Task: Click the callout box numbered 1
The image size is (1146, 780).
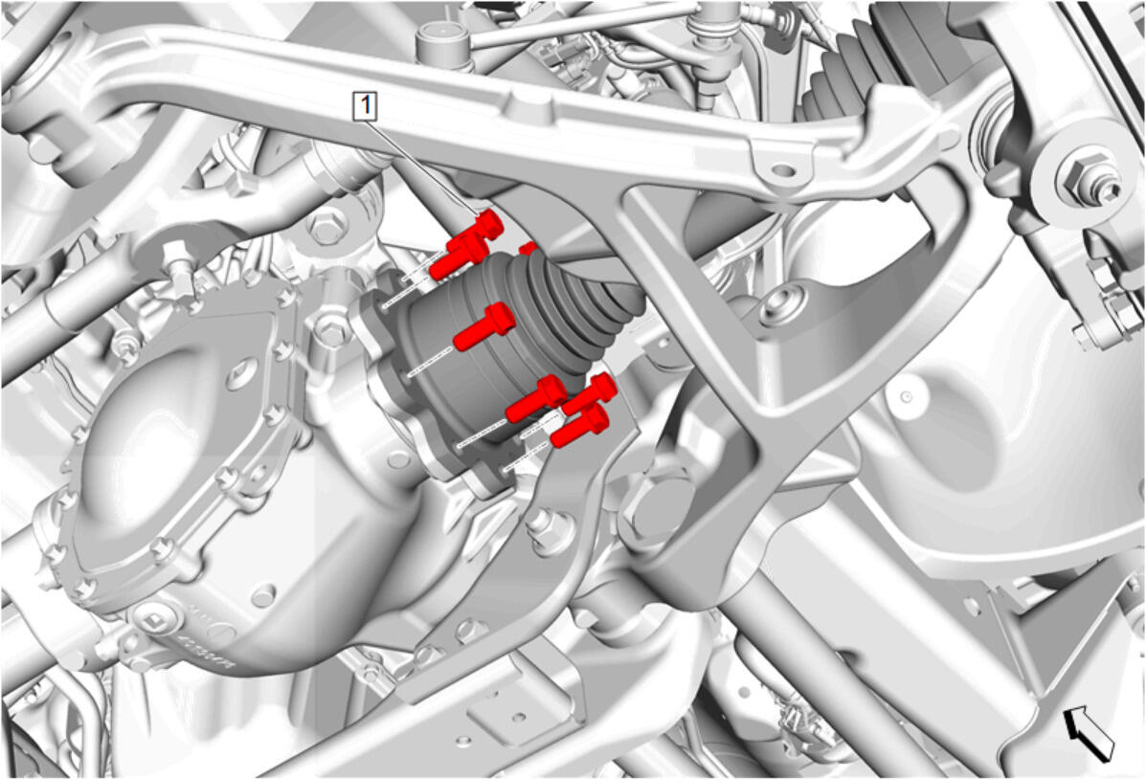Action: tap(366, 106)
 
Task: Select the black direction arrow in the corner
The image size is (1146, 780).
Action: tap(1089, 733)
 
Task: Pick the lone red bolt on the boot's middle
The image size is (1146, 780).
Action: tap(484, 326)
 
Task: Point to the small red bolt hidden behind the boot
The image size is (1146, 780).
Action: tap(528, 249)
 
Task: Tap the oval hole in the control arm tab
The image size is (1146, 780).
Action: tap(783, 171)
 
